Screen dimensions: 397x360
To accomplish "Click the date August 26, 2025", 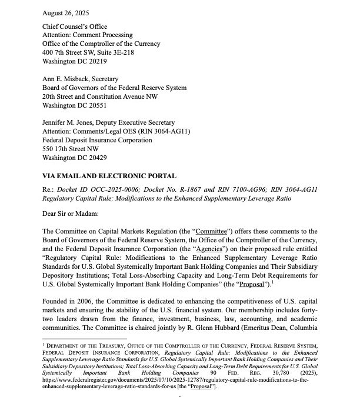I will click(66, 11).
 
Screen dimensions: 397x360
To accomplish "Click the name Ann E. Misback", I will click(68, 78).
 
